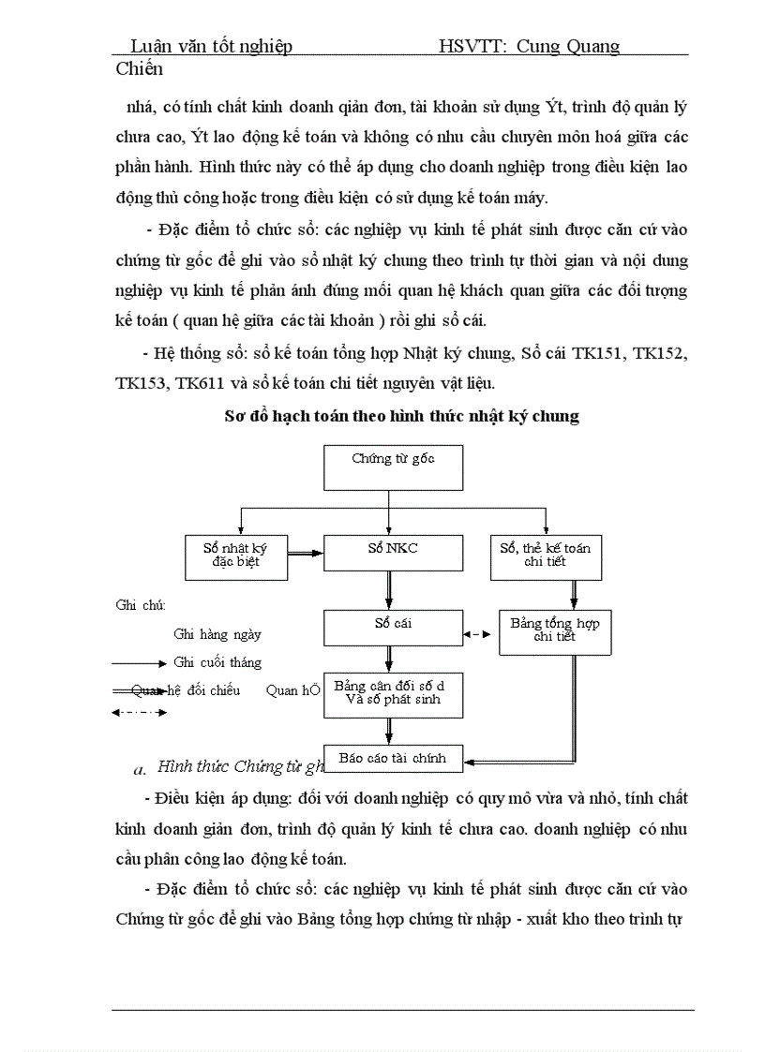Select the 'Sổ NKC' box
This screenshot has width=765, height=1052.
[394, 552]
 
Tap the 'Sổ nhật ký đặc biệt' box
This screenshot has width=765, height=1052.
[234, 556]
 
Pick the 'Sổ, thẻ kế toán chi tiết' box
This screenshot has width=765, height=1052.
[546, 556]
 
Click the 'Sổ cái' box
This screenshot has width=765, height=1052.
[394, 628]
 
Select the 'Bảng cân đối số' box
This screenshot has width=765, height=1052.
[394, 694]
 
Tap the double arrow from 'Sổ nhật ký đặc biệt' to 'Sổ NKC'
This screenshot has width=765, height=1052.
[305, 555]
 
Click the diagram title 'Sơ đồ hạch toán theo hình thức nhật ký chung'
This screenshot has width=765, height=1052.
[401, 417]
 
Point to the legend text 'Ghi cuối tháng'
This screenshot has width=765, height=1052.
[217, 662]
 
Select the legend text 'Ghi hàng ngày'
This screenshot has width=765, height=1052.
[217, 634]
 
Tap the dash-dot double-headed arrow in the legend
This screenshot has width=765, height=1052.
[139, 713]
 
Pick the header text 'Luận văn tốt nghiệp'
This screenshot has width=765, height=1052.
[211, 46]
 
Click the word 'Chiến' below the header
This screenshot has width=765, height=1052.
[140, 68]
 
